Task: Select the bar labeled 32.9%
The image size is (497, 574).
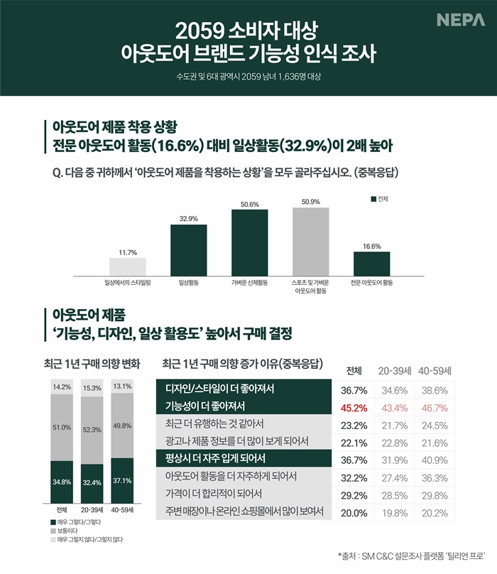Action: pos(188,249)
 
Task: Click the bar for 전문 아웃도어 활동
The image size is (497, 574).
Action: pos(371,261)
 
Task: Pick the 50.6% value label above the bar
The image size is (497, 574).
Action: pos(249,204)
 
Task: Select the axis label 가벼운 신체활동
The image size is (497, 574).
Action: pos(249,282)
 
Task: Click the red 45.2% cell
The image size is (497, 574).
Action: pos(354,408)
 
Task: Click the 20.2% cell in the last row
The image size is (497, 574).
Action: pos(435,510)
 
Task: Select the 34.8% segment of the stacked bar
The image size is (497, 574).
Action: pos(62,482)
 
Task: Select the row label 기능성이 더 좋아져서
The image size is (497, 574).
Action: pos(204,407)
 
